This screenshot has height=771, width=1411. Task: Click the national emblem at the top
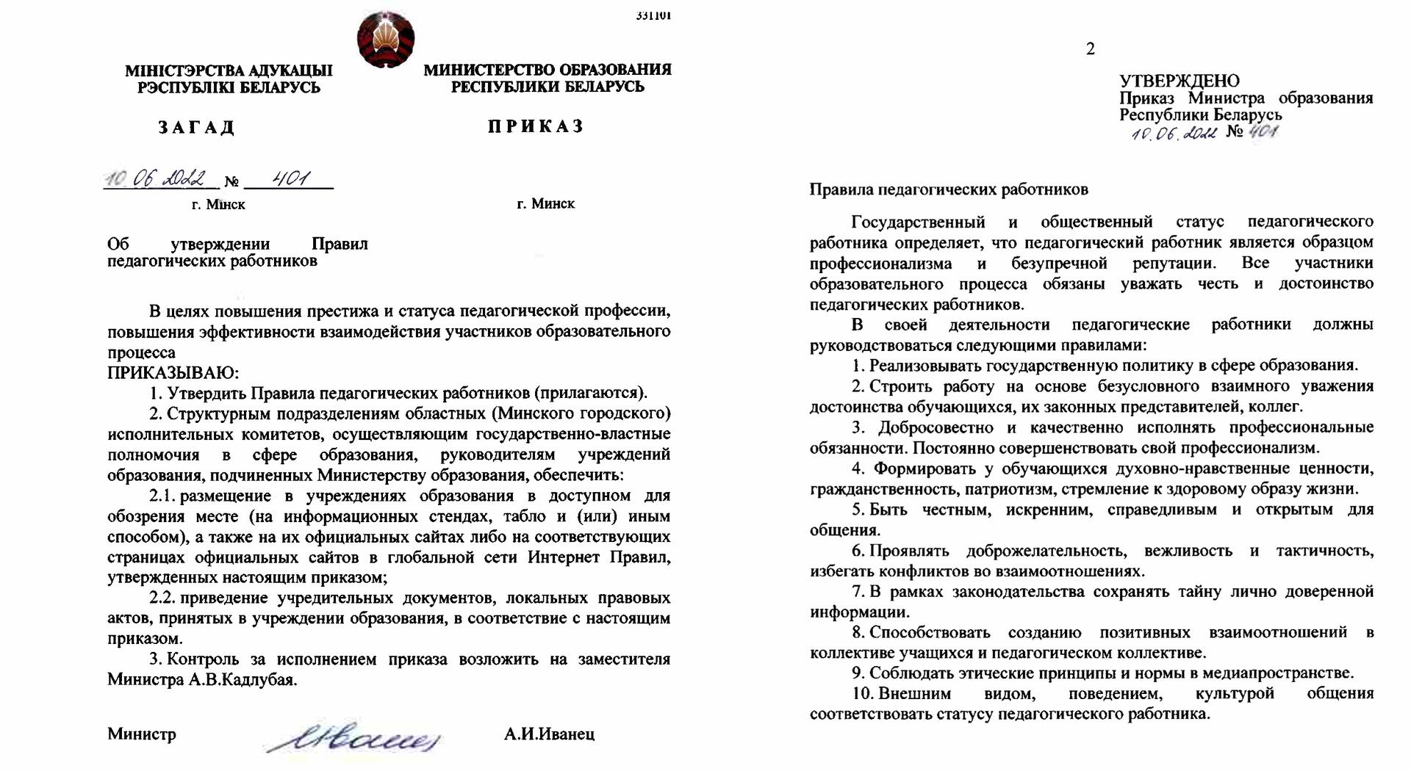pos(386,40)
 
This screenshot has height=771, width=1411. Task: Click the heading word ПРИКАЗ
pos(536,126)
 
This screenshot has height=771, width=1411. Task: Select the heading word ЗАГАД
pos(196,128)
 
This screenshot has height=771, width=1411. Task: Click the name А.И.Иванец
pos(549,734)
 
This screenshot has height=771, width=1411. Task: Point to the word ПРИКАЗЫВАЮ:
pos(173,373)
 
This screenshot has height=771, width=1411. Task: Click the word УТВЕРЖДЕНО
pos(1179,81)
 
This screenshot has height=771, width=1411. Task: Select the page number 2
pos(1091,49)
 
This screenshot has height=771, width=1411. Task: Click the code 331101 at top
pos(653,15)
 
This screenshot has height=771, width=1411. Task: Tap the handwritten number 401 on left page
pos(290,178)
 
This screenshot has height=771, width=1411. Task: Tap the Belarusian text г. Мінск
pos(218,204)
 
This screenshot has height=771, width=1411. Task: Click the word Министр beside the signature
pos(142,734)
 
